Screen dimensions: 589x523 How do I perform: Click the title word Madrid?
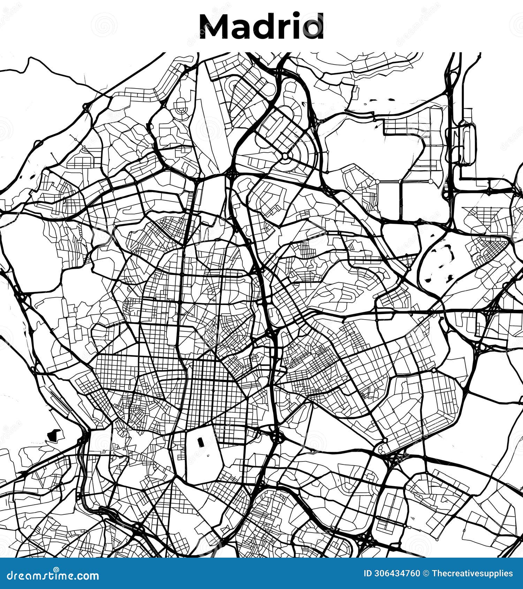pyautogui.click(x=261, y=26)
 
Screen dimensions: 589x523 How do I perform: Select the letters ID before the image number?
pyautogui.click(x=368, y=574)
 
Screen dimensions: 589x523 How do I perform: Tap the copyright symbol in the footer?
pyautogui.click(x=426, y=574)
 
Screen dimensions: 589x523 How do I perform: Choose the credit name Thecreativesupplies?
pyautogui.click(x=472, y=574)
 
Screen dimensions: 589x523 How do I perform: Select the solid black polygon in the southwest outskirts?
pyautogui.click(x=53, y=435)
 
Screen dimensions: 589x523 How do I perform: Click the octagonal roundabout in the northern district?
pyautogui.click(x=285, y=155)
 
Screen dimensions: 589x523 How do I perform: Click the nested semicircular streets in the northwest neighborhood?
pyautogui.click(x=181, y=106)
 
